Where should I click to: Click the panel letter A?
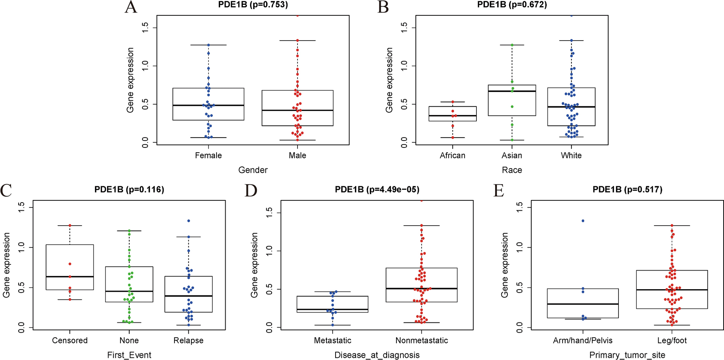131,7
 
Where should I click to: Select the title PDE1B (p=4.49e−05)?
377,189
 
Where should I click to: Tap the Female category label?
208,156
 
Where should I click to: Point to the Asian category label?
512,156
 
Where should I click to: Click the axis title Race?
512,170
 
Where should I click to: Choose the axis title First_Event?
129,355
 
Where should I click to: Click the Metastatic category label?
332,341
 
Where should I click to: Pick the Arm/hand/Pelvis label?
582,341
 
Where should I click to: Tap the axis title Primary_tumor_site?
627,355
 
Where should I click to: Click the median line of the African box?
452,116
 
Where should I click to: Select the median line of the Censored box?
70,277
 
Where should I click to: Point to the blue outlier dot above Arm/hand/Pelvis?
583,221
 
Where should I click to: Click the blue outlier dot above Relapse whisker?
188,221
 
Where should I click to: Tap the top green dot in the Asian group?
512,45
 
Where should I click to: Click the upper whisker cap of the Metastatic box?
332,292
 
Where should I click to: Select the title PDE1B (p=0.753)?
253,5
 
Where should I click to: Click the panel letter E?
499,191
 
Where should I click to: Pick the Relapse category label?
188,341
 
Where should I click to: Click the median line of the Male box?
297,110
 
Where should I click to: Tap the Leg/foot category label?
672,341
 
